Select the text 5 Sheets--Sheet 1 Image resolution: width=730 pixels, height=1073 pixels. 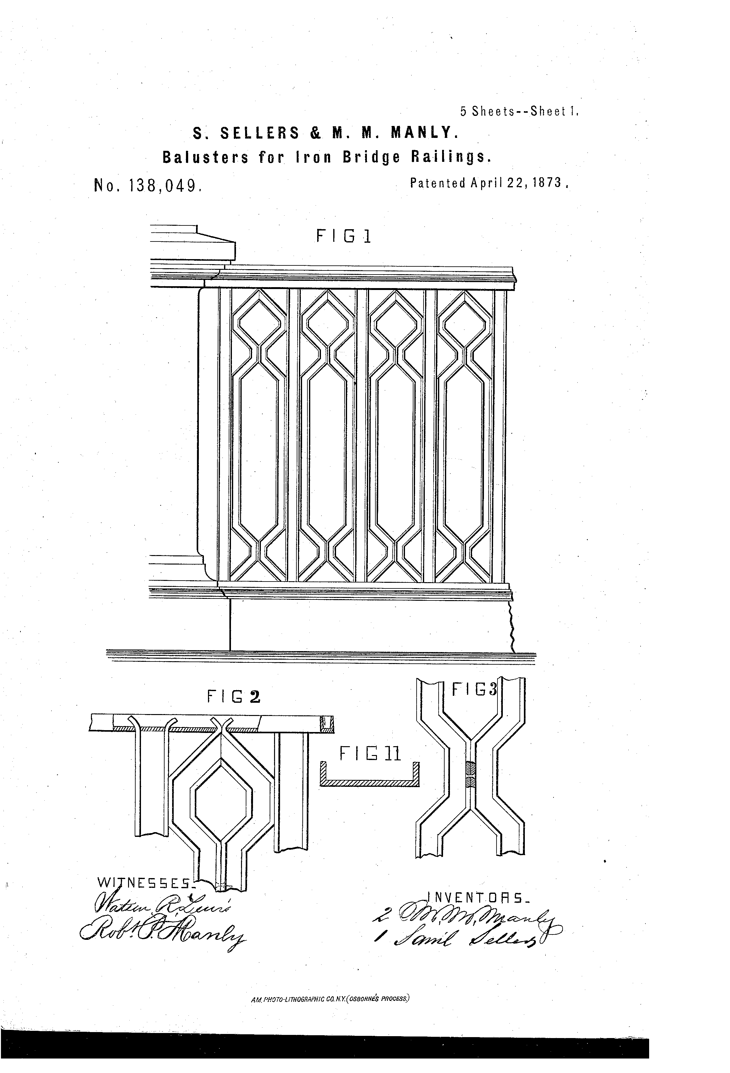pos(519,112)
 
